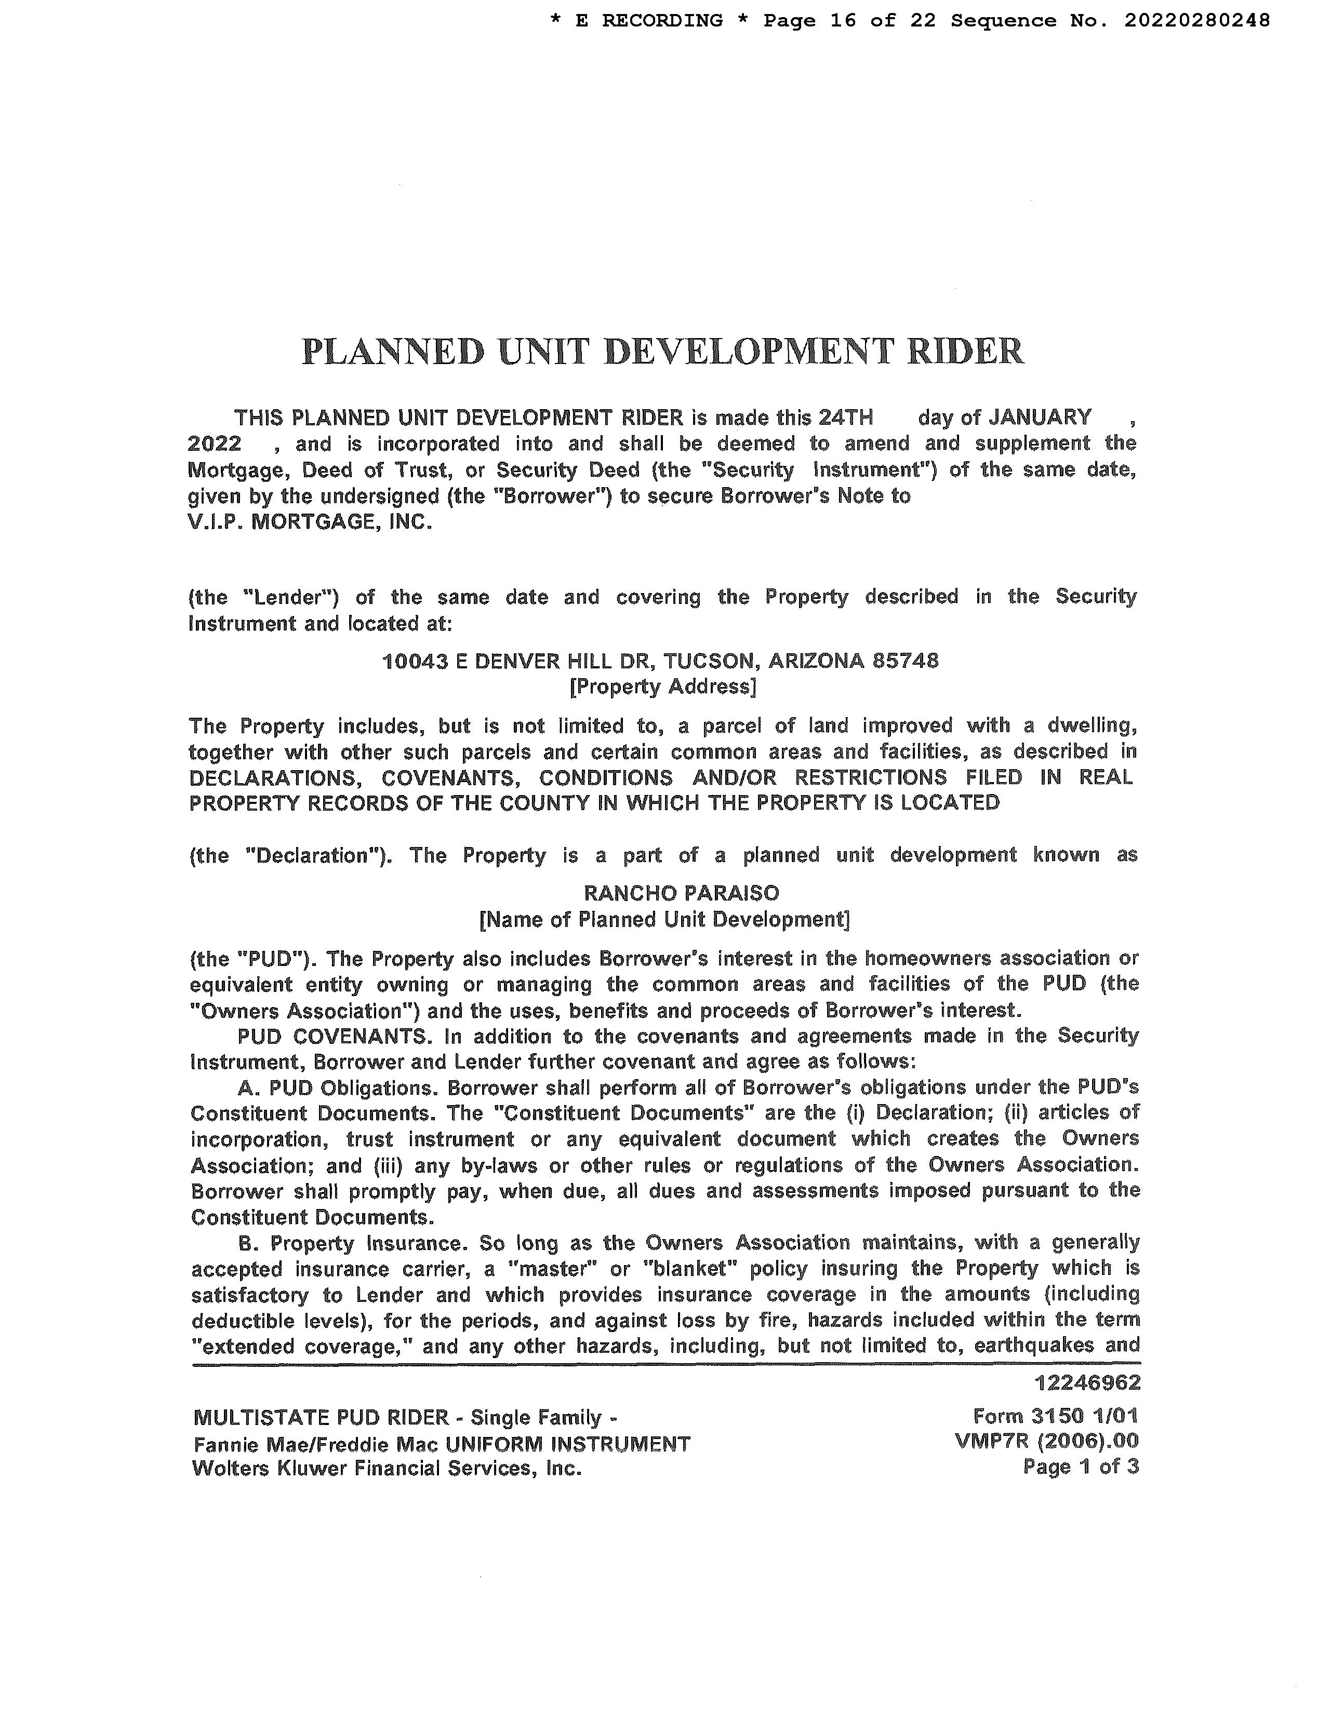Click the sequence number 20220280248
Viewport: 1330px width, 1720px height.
(x=1196, y=20)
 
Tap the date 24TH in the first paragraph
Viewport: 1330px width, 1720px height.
(x=845, y=416)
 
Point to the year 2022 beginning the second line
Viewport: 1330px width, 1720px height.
(x=215, y=444)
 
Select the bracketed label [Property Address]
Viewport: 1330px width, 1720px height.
(x=662, y=687)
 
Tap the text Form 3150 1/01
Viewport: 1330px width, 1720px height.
(x=1056, y=1416)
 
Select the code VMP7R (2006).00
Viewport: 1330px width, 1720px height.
(x=1046, y=1441)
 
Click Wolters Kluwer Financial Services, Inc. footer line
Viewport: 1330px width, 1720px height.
(x=387, y=1468)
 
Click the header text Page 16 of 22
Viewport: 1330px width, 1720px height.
(x=849, y=20)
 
